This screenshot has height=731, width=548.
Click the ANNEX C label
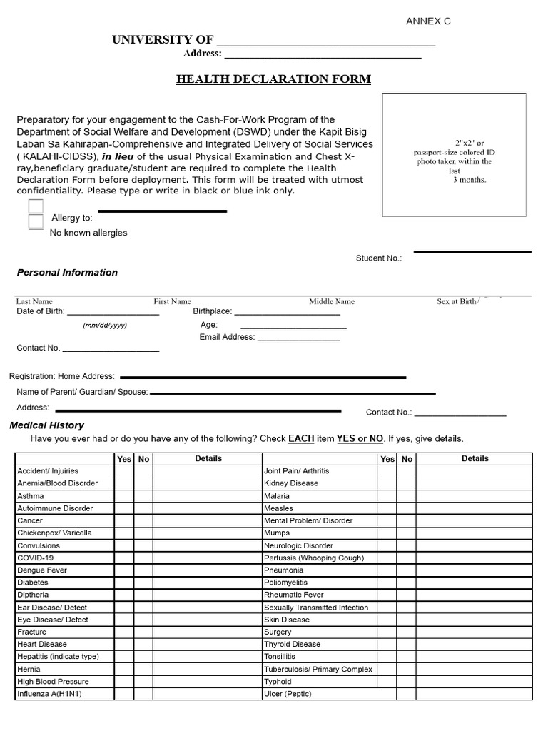[428, 21]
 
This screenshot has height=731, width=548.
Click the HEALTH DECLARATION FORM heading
[273, 79]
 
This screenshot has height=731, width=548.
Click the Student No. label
[378, 258]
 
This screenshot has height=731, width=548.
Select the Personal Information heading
[67, 273]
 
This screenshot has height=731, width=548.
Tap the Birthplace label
[213, 311]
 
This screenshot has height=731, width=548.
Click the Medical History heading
[46, 425]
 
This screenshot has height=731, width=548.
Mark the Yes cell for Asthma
[124, 496]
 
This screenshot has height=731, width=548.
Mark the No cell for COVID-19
[143, 558]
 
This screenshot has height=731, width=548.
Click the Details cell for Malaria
[475, 496]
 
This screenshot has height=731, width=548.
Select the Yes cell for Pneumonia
[387, 570]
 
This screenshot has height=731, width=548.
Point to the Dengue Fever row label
[42, 570]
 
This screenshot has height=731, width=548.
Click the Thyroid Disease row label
[292, 645]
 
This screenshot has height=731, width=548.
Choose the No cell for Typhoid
[406, 682]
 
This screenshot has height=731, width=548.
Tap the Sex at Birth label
[457, 302]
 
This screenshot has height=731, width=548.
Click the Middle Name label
[331, 302]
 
